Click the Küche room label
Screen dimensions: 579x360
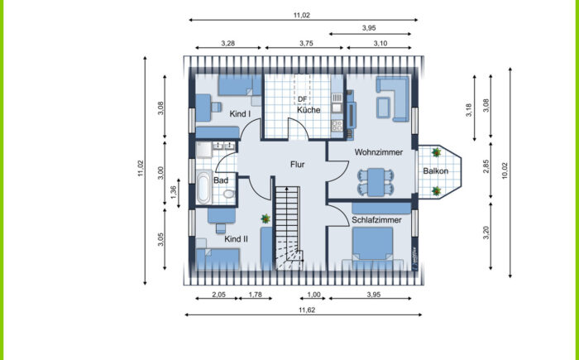pyautogui.click(x=309, y=110)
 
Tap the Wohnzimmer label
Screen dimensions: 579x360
pyautogui.click(x=379, y=152)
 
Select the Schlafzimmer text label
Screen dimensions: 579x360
pyautogui.click(x=376, y=220)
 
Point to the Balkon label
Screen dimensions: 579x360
pyautogui.click(x=436, y=170)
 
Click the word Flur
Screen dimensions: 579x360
pyautogui.click(x=297, y=165)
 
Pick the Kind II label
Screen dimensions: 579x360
pyautogui.click(x=236, y=239)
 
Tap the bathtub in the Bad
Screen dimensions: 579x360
pyautogui.click(x=203, y=187)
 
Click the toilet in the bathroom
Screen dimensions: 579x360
pyautogui.click(x=229, y=194)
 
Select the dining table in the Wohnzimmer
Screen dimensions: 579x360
pyautogui.click(x=376, y=182)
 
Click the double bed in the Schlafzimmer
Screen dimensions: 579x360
pyautogui.click(x=372, y=245)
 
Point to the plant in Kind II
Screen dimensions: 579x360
pyautogui.click(x=266, y=218)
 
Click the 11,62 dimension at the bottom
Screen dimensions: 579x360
pyautogui.click(x=307, y=310)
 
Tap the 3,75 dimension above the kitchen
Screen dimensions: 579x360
pyautogui.click(x=306, y=43)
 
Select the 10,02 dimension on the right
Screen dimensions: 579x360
pyautogui.click(x=505, y=170)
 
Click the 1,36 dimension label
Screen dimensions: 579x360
pyautogui.click(x=174, y=191)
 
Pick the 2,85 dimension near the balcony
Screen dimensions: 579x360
pyautogui.click(x=486, y=166)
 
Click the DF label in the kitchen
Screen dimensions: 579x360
pyautogui.click(x=303, y=99)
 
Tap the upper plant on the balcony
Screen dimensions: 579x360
pyautogui.click(x=437, y=152)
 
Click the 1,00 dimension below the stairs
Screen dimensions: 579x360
pyautogui.click(x=313, y=295)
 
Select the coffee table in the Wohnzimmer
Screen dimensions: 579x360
pyautogui.click(x=383, y=108)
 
